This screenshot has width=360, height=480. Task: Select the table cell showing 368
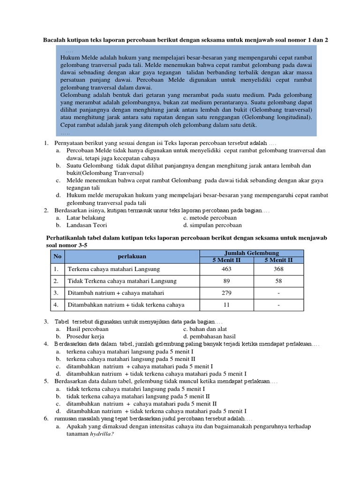(278, 269)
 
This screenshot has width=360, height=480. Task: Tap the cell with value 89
(226, 281)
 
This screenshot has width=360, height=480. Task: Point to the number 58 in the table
(278, 281)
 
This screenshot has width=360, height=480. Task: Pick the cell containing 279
(226, 293)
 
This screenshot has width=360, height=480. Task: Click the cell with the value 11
(226, 305)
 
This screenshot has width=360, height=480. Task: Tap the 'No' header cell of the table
(57, 256)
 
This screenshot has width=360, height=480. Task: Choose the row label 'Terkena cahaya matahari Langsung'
(114, 269)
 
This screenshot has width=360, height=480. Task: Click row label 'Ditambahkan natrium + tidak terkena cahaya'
(126, 305)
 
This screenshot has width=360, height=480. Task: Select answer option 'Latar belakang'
(86, 218)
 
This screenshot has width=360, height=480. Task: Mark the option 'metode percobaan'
(210, 218)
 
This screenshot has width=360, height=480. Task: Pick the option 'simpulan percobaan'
(212, 225)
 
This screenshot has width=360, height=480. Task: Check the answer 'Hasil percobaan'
(88, 329)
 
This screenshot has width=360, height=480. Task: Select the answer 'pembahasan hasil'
(210, 336)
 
